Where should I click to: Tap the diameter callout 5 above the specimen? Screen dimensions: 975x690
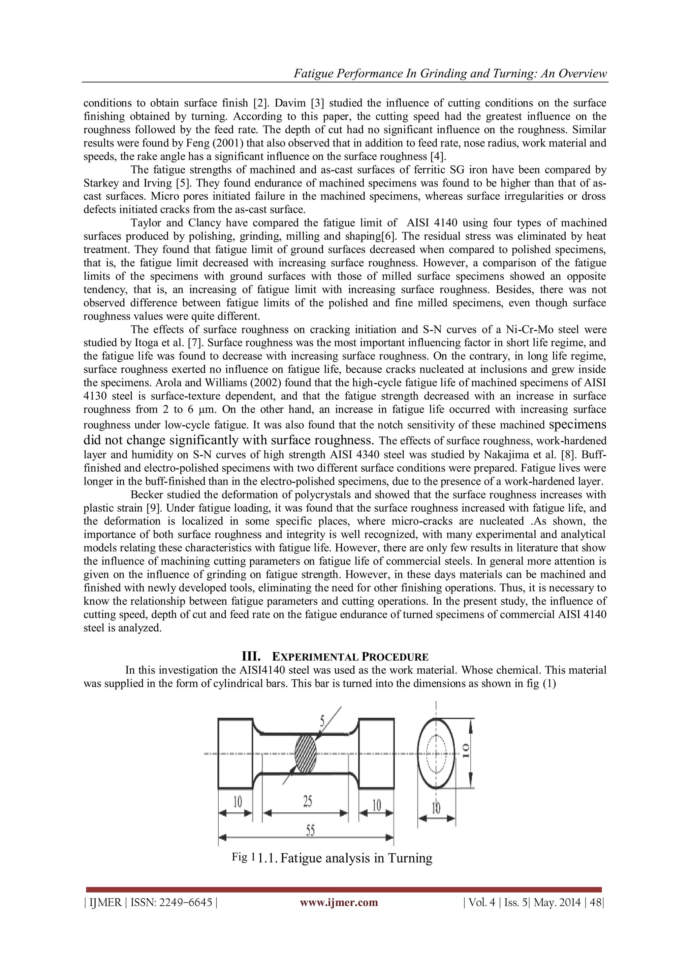322,720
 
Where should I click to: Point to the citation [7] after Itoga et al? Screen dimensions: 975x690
195,343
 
